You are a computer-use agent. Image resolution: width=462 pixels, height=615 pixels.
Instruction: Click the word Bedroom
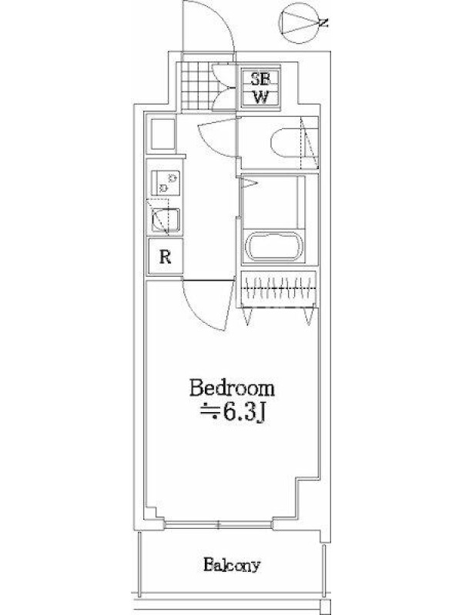click(x=232, y=388)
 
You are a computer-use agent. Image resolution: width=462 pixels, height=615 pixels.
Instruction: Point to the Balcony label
click(x=232, y=565)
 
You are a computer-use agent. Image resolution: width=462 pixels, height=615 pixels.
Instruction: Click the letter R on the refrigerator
click(x=166, y=258)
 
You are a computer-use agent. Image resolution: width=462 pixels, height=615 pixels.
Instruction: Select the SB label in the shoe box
click(x=260, y=80)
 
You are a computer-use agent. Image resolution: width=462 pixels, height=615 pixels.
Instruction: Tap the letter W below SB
click(x=260, y=97)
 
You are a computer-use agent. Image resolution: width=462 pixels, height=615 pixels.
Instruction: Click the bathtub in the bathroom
click(x=274, y=246)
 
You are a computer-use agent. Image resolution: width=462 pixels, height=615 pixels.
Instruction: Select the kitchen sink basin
click(x=166, y=220)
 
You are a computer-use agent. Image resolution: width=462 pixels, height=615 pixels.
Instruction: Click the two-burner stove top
click(x=166, y=183)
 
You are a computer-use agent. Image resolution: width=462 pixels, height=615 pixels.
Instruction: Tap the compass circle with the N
click(x=299, y=23)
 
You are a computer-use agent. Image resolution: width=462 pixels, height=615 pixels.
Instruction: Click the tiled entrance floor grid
click(x=197, y=87)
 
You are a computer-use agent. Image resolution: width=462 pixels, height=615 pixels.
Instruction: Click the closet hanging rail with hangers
click(x=280, y=288)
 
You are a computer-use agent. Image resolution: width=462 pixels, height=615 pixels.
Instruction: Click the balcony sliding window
click(x=219, y=524)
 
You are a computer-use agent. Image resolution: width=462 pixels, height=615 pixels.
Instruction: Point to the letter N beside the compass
click(x=323, y=23)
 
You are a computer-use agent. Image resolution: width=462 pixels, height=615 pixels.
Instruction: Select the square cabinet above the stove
click(x=162, y=134)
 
